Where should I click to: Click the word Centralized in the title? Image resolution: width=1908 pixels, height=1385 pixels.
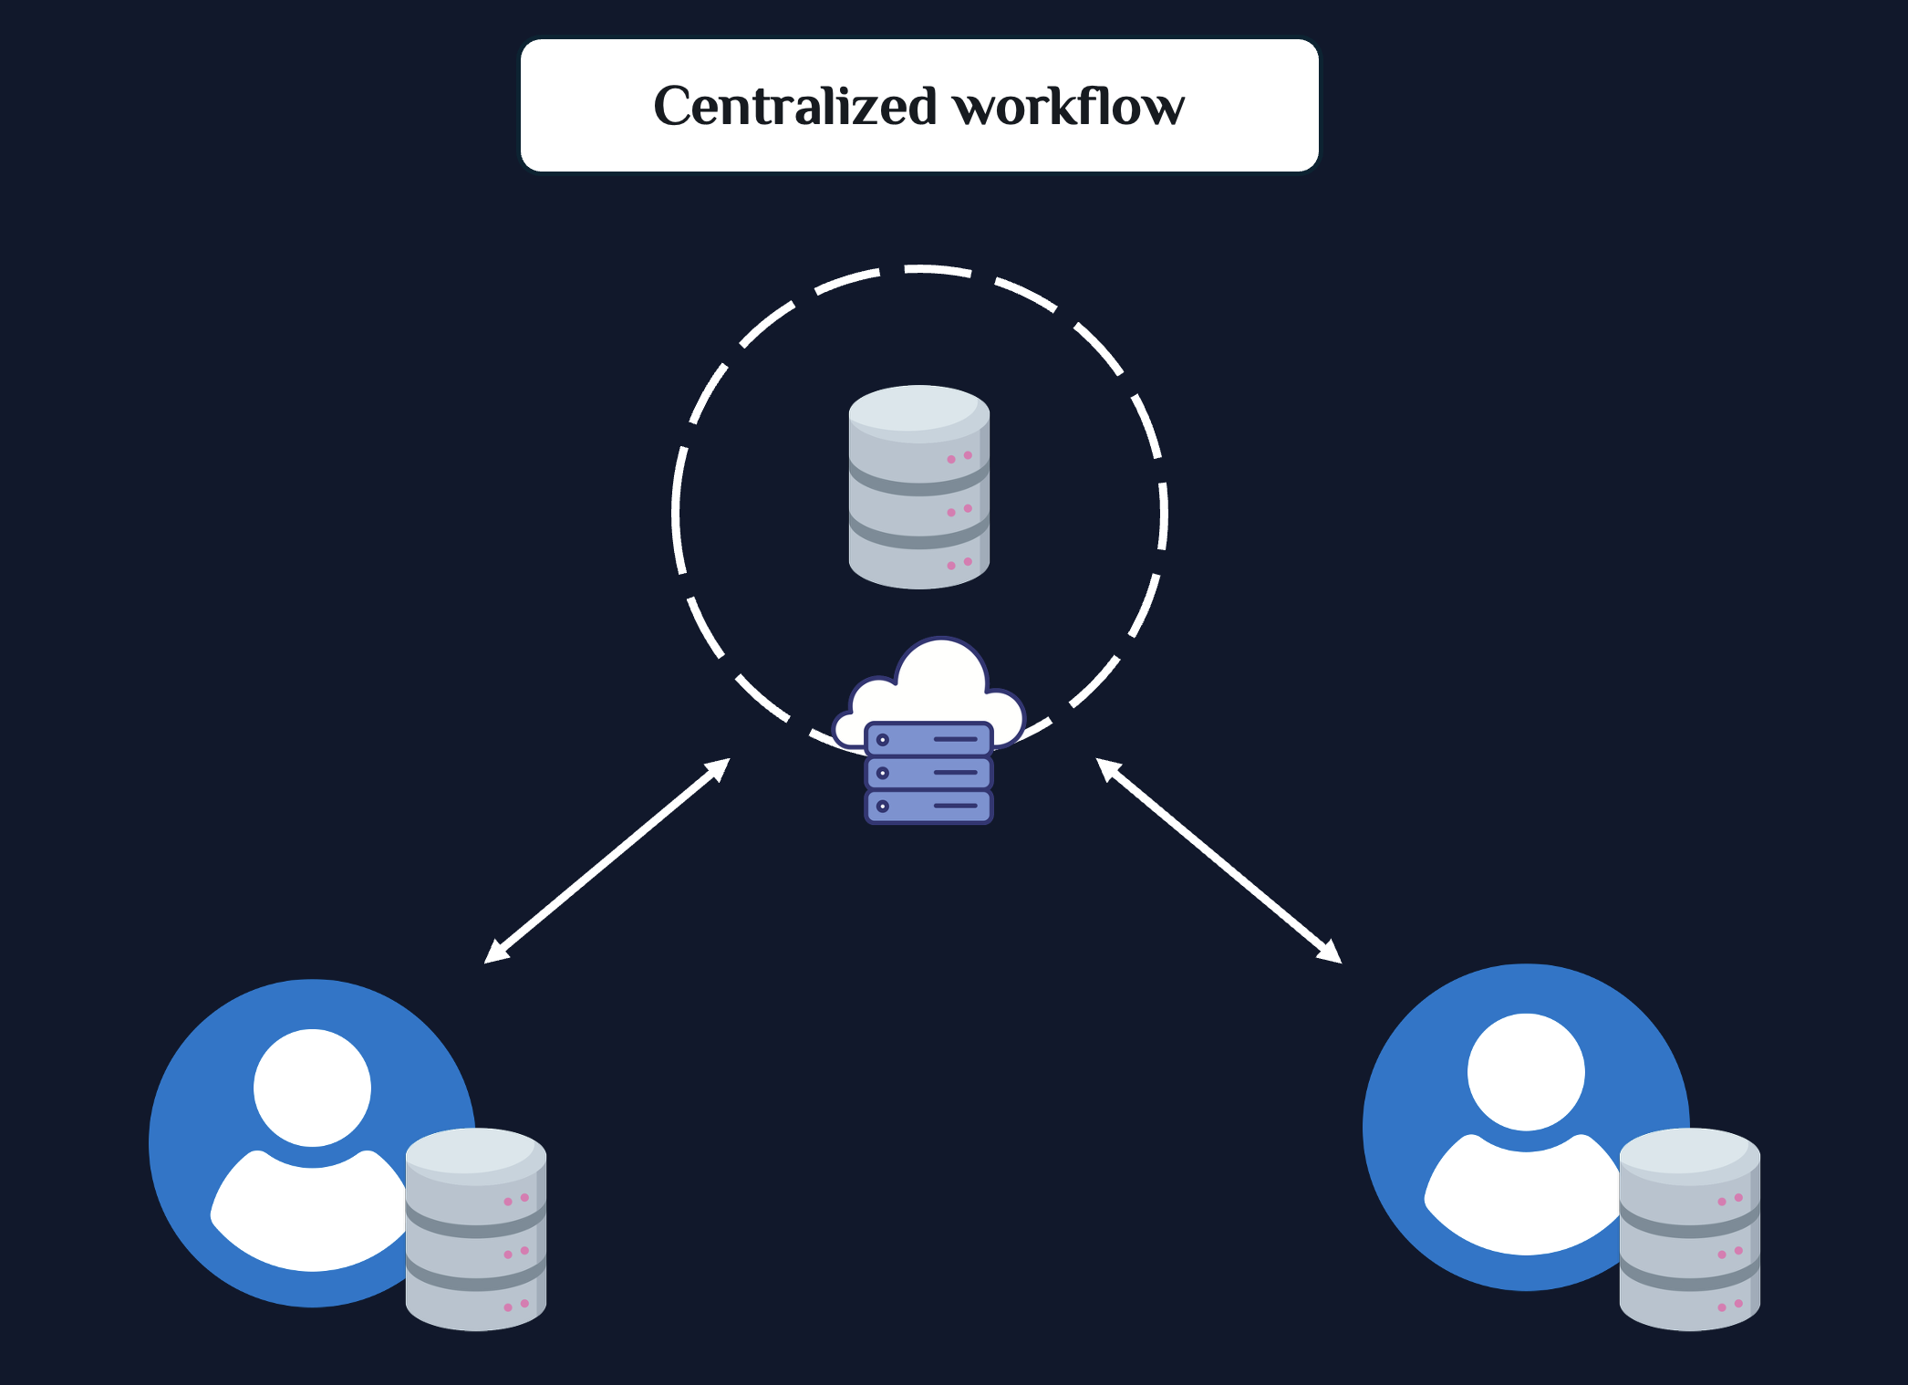pos(795,106)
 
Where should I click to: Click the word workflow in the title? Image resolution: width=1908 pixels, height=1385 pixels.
pos(1069,106)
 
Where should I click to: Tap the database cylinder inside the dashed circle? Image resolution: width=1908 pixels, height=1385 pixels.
pos(919,487)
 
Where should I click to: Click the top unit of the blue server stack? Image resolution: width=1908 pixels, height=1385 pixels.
pos(928,739)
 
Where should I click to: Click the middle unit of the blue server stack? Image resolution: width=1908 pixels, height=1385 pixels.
pos(928,773)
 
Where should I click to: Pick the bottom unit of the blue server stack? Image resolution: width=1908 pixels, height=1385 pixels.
pos(928,807)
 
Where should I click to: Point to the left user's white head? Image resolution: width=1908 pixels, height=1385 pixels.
pos(312,1088)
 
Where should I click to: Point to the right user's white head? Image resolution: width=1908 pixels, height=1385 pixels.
pos(1526,1072)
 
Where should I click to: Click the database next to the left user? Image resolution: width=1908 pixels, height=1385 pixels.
pos(476,1229)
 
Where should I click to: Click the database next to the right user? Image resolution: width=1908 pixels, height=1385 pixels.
pos(1690,1229)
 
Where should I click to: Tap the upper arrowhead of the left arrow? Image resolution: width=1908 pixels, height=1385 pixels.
pos(717,769)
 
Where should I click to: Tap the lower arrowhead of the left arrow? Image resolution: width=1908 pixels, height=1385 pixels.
pos(497,952)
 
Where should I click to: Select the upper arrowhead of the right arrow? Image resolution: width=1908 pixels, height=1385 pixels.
pos(1109,769)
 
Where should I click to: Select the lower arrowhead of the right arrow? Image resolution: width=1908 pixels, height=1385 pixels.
pos(1329,952)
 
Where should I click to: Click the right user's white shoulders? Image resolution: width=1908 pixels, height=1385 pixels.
pos(1521,1197)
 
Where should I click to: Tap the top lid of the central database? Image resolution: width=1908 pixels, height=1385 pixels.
pos(919,409)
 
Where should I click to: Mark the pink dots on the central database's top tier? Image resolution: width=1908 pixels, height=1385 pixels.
pos(959,457)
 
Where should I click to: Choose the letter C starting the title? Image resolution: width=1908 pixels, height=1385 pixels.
pos(675,106)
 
